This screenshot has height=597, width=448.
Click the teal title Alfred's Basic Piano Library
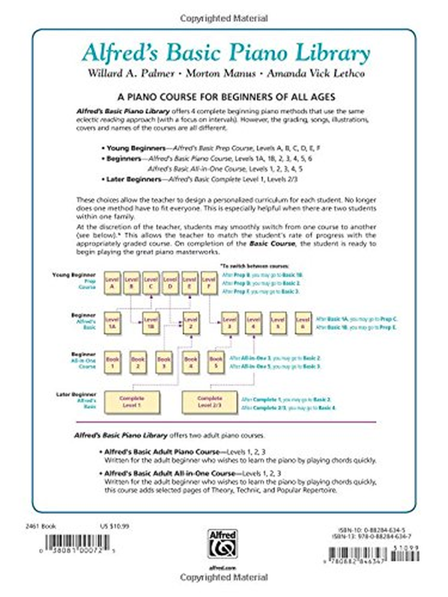pos(225,54)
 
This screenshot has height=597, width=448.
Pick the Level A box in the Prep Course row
pos(111,283)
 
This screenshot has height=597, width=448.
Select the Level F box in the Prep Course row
pos(208,283)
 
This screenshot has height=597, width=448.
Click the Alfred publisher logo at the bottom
pos(222,542)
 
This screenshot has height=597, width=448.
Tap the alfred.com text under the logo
pos(222,566)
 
